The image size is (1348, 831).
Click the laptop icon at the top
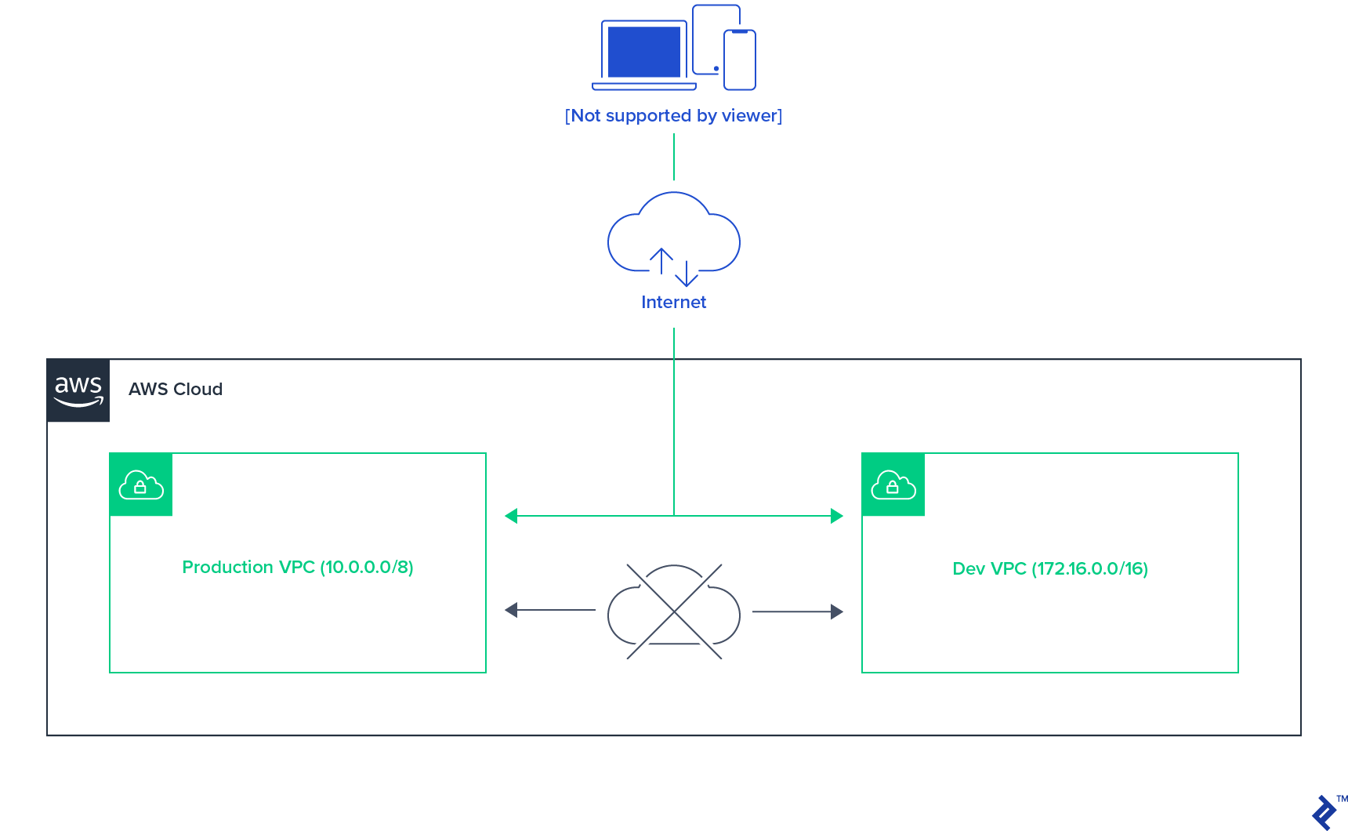coord(644,55)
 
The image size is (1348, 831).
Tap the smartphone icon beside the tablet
coord(739,60)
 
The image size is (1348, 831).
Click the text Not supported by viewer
coord(673,116)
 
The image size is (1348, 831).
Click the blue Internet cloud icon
coord(673,235)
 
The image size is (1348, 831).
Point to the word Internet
coord(673,303)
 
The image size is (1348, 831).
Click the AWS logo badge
coord(78,390)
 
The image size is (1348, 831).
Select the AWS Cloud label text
coord(176,390)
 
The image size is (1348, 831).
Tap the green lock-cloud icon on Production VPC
coord(141,484)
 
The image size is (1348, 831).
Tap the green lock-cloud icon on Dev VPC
coord(893,484)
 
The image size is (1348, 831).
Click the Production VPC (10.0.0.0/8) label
coord(298,568)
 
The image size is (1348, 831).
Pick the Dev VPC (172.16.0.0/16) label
coord(1050,569)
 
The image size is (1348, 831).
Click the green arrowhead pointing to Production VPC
coord(512,516)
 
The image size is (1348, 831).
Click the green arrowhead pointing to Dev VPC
coord(836,516)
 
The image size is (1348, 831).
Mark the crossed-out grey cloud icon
coord(674,611)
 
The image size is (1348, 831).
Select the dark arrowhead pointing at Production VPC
coord(512,610)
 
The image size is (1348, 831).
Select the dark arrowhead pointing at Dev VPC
coord(836,611)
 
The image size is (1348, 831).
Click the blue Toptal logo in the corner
coord(1324,812)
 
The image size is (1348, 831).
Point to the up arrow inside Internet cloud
coord(661,261)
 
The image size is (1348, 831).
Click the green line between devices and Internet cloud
coord(674,157)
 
